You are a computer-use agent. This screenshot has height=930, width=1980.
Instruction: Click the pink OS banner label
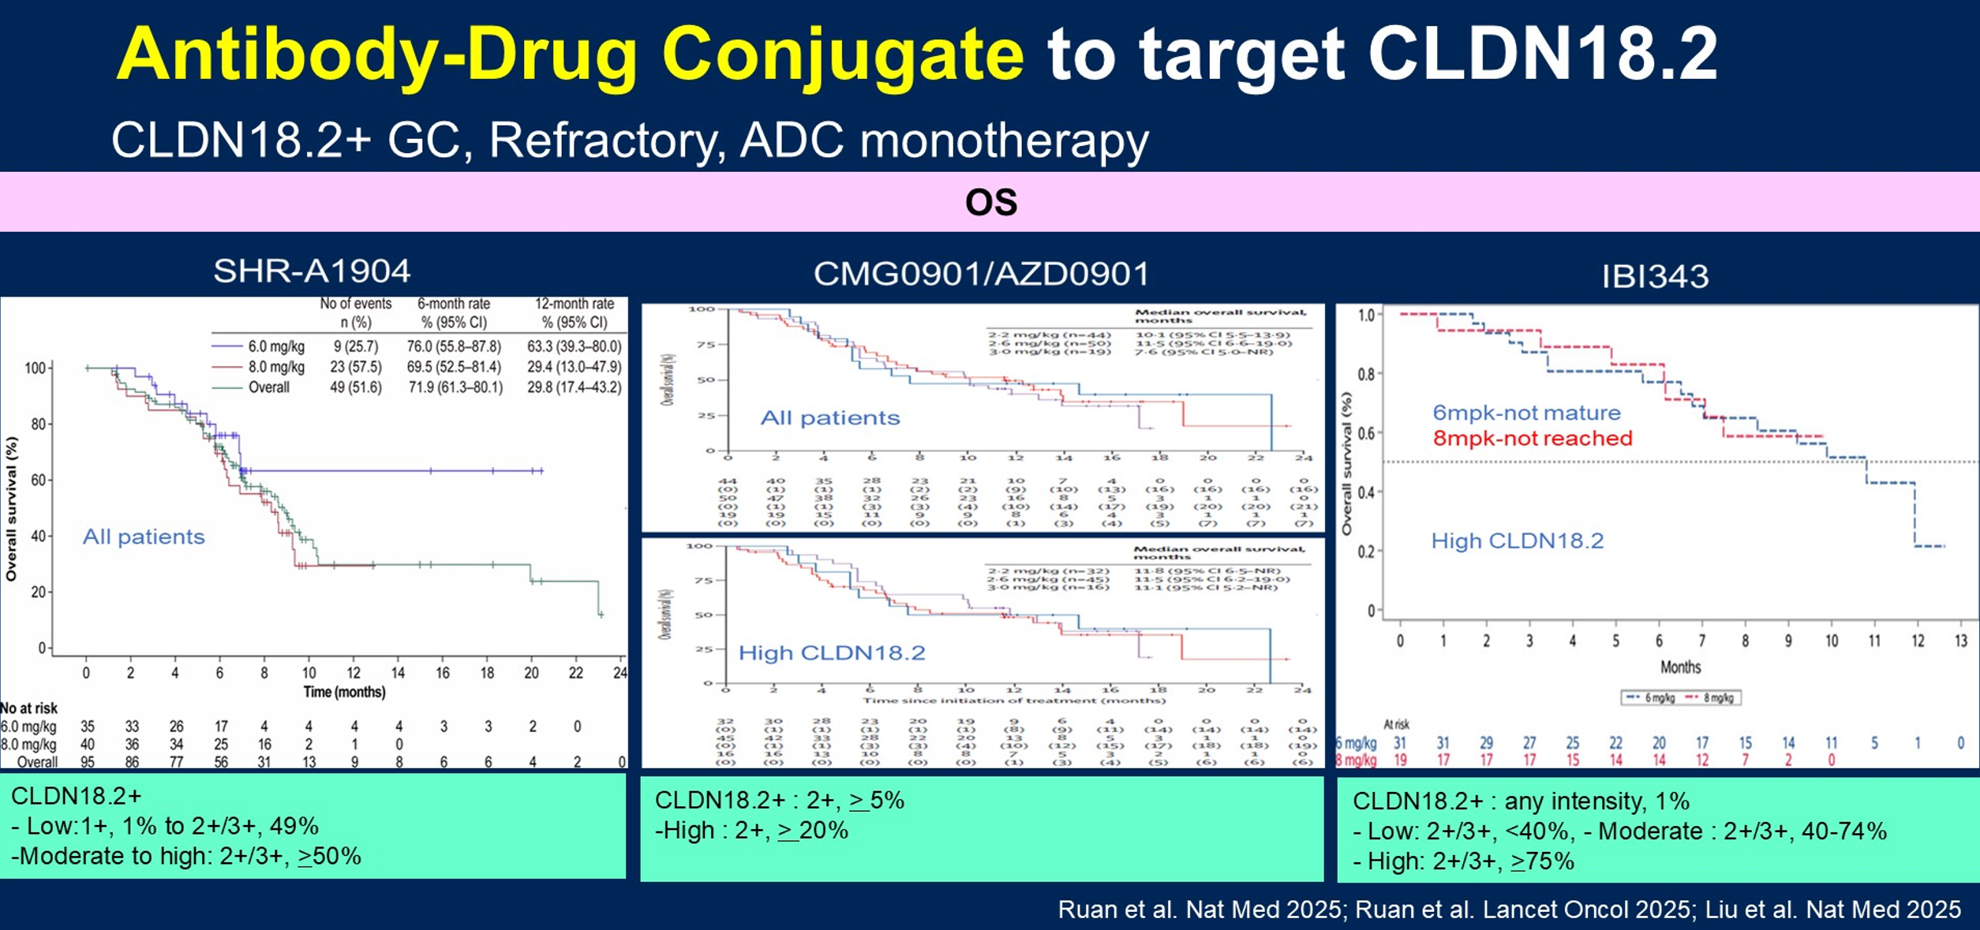pyautogui.click(x=990, y=203)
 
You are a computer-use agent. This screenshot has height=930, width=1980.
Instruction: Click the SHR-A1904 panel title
pyautogui.click(x=312, y=271)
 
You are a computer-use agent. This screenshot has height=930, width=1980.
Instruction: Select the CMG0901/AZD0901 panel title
pyautogui.click(x=981, y=274)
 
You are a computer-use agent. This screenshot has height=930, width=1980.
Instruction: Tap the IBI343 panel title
pyautogui.click(x=1655, y=276)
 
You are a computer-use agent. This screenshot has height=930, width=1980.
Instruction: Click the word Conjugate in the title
pyautogui.click(x=843, y=54)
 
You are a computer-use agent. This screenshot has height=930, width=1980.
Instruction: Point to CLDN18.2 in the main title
pyautogui.click(x=1542, y=54)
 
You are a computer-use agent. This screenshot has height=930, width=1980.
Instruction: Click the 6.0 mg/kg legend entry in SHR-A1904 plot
pyautogui.click(x=275, y=346)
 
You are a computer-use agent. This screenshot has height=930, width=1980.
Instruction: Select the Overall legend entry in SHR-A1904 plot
pyautogui.click(x=268, y=387)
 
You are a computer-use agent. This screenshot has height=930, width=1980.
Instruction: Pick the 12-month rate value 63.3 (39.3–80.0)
pyautogui.click(x=574, y=346)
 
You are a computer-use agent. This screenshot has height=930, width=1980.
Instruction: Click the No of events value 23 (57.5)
pyautogui.click(x=355, y=367)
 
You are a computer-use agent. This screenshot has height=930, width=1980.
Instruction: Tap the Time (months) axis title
pyautogui.click(x=344, y=692)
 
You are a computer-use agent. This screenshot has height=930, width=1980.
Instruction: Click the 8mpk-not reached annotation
pyautogui.click(x=1532, y=439)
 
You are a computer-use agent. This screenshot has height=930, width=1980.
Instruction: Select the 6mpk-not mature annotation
pyautogui.click(x=1526, y=413)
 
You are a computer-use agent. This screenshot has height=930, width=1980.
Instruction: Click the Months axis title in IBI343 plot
pyautogui.click(x=1680, y=667)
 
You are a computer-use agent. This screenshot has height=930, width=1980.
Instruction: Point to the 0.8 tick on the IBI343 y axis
pyautogui.click(x=1366, y=374)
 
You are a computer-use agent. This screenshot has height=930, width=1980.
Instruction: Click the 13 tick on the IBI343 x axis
pyautogui.click(x=1960, y=641)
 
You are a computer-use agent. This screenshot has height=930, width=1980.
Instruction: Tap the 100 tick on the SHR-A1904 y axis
pyautogui.click(x=36, y=368)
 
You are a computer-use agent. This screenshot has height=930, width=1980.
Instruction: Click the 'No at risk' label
pyautogui.click(x=29, y=708)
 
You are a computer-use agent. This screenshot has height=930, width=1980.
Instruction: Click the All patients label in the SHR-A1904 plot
pyautogui.click(x=144, y=537)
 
